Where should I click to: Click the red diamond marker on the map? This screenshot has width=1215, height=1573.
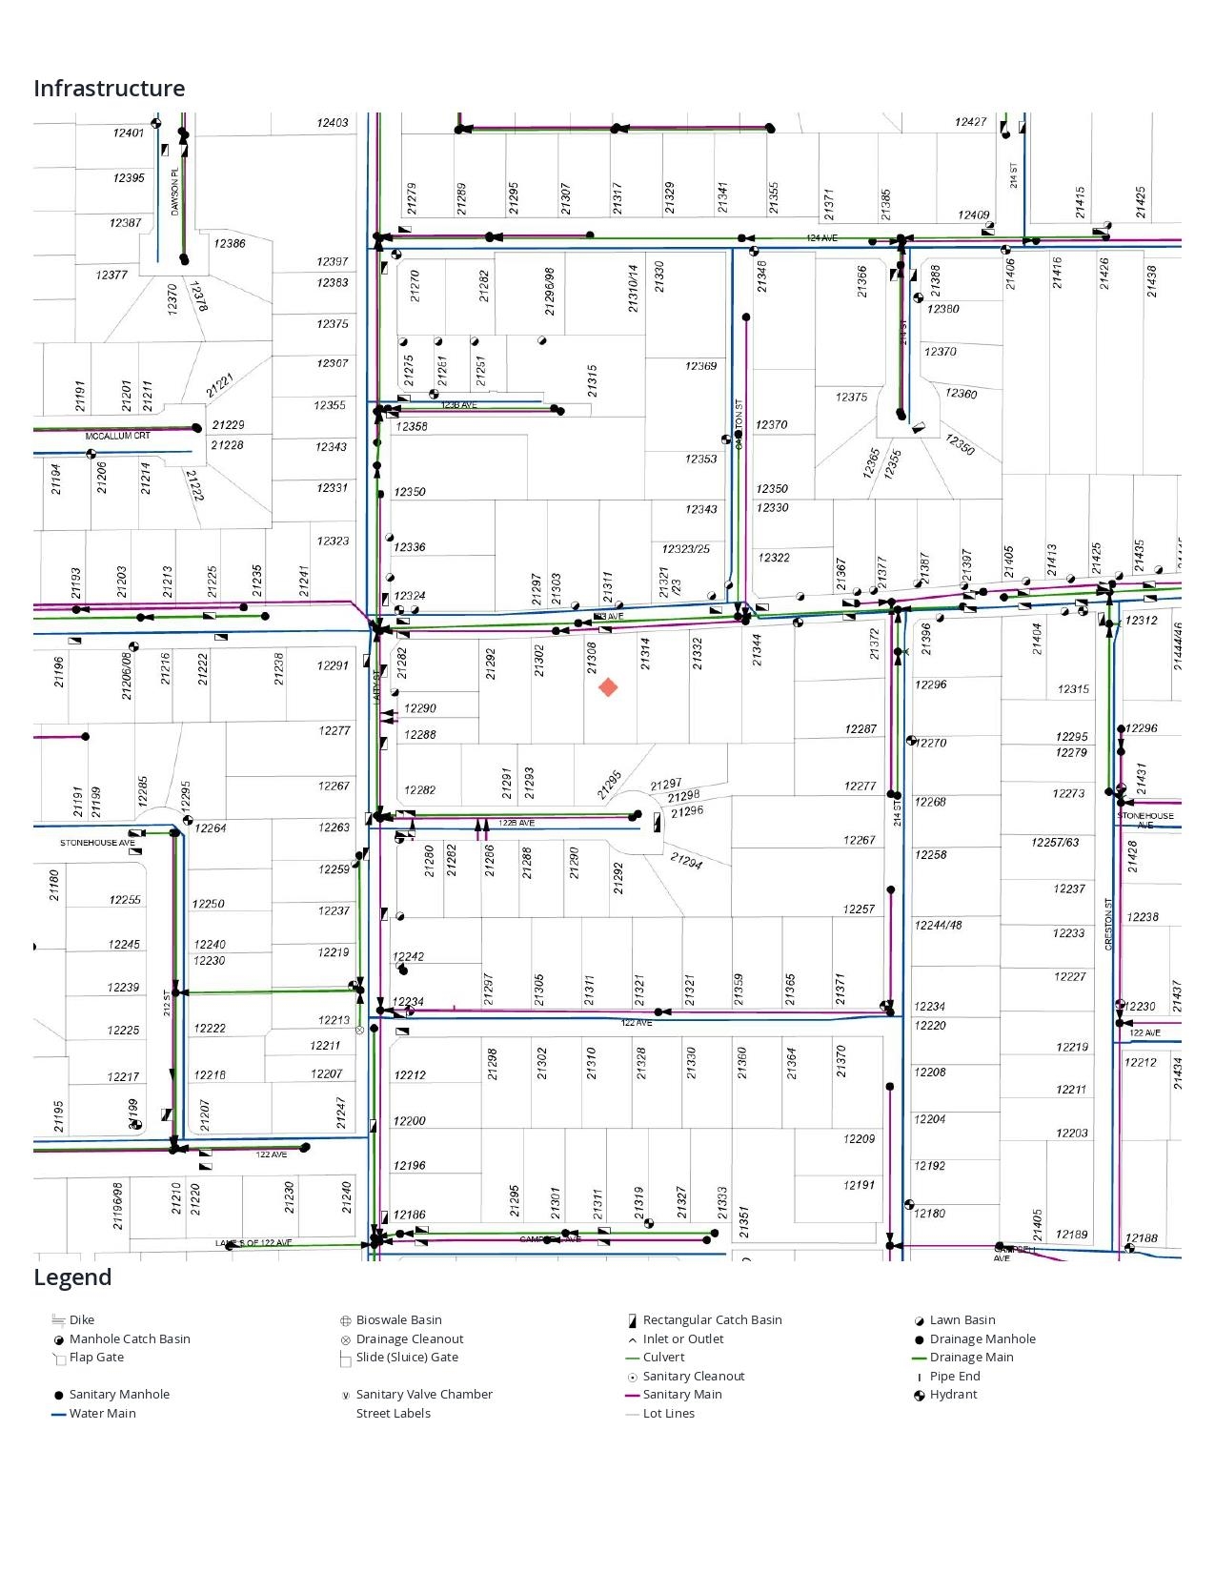[608, 687]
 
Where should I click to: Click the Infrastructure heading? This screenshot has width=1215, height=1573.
[110, 89]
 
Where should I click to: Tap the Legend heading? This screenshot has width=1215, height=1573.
[72, 1277]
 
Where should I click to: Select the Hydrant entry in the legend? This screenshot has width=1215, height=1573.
[953, 1394]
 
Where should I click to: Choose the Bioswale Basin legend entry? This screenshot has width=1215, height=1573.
[398, 1319]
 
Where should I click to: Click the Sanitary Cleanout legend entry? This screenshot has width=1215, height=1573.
[693, 1376]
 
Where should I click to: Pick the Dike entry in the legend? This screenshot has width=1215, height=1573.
[81, 1319]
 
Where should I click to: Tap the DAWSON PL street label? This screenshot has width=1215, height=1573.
[174, 192]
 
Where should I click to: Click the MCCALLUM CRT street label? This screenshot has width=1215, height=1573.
[118, 436]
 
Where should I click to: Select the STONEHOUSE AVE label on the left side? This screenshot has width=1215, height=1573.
[97, 843]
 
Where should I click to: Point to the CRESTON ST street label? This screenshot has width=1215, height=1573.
[1108, 924]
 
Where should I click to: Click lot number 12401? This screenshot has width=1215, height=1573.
[129, 133]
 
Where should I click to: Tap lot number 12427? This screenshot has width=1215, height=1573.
[970, 122]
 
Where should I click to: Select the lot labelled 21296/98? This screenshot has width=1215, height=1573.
[549, 291]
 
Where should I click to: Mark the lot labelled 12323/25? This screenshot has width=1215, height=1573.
[686, 549]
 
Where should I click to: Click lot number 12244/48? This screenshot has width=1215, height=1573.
[938, 925]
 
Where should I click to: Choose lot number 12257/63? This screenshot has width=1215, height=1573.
[1055, 843]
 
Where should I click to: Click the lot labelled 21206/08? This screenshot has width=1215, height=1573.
[127, 676]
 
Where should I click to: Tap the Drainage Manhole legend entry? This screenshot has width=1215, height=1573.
[982, 1338]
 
